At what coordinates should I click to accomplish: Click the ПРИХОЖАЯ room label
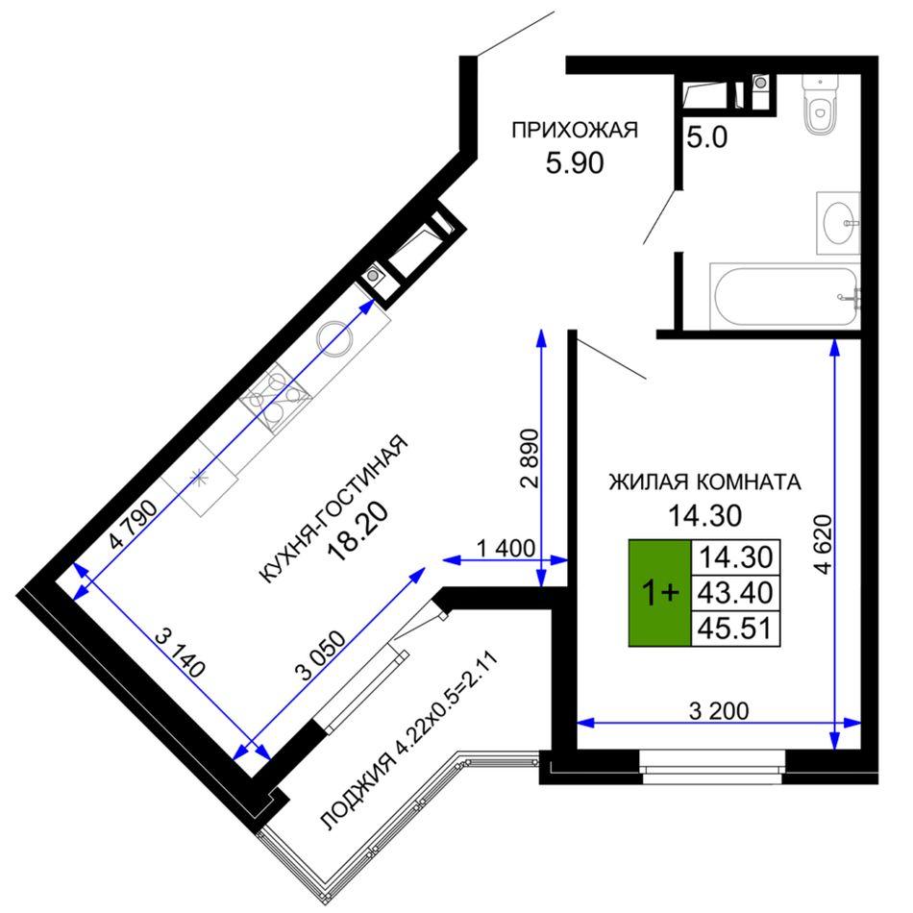(x=575, y=130)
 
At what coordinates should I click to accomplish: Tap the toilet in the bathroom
(x=821, y=104)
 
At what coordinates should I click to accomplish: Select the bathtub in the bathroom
(x=785, y=297)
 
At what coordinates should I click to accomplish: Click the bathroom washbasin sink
(x=838, y=223)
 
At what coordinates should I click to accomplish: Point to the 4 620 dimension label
(x=823, y=544)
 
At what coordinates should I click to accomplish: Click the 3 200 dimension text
(x=719, y=711)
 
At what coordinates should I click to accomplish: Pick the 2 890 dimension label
(x=530, y=457)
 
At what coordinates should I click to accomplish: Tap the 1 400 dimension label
(x=506, y=548)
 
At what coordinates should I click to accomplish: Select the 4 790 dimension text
(x=134, y=524)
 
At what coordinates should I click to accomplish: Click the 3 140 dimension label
(x=181, y=654)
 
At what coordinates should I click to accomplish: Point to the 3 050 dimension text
(x=320, y=655)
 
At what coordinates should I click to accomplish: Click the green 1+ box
(x=659, y=593)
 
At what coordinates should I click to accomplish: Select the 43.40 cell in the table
(x=735, y=593)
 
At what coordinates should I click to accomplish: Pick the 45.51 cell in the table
(x=735, y=629)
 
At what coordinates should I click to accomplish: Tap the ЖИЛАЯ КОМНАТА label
(x=705, y=482)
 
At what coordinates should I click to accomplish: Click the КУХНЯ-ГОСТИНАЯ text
(x=333, y=508)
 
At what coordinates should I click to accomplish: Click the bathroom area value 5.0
(x=707, y=138)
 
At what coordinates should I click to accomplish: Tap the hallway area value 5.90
(x=575, y=163)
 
